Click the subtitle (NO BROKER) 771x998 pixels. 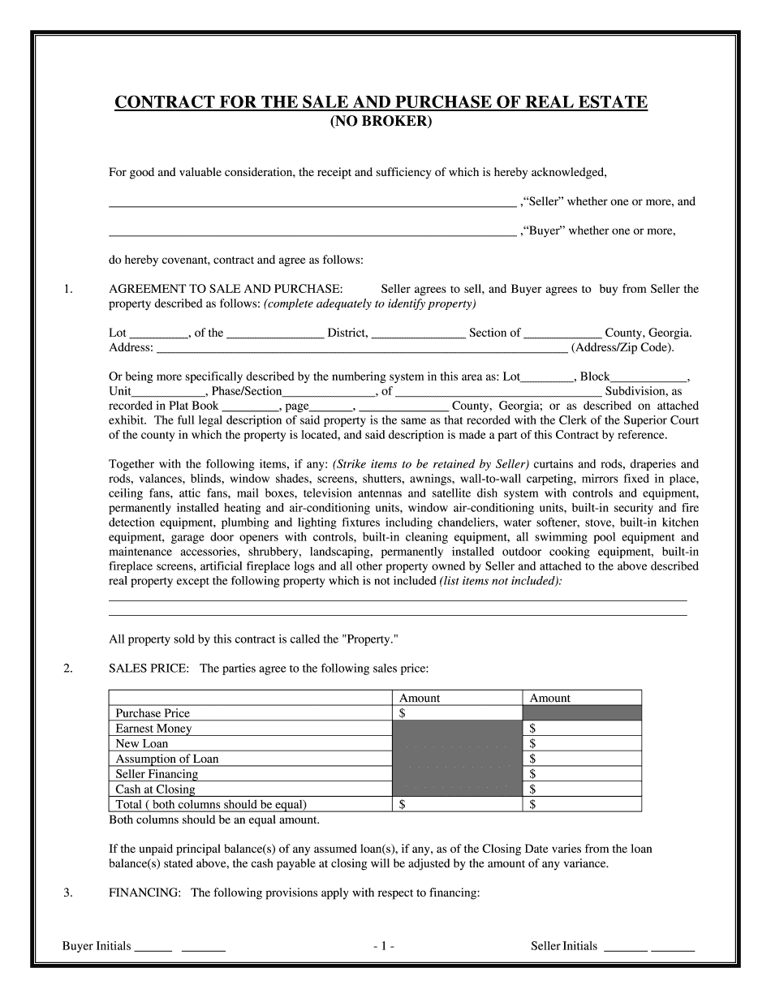[x=381, y=122]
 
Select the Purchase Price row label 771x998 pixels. [x=153, y=713]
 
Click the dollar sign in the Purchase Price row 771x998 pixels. [x=403, y=713]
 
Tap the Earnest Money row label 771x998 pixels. [x=153, y=729]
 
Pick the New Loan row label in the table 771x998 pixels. [x=142, y=743]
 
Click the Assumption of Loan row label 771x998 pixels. [x=166, y=759]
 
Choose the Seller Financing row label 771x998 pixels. [x=156, y=774]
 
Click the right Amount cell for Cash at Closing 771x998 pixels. [x=582, y=789]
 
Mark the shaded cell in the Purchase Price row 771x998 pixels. [x=582, y=713]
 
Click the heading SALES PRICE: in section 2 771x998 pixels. [x=149, y=669]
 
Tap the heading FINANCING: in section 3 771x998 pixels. [x=144, y=893]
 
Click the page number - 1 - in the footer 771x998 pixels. [x=384, y=946]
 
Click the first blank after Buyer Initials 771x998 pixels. [x=153, y=948]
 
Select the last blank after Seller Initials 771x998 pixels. [x=673, y=948]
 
